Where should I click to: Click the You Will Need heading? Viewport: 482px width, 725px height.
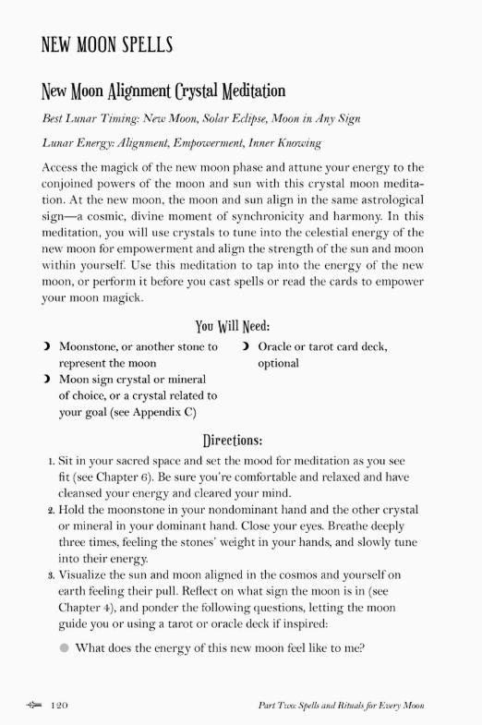(x=233, y=326)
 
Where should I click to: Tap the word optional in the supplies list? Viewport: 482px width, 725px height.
(x=278, y=364)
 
